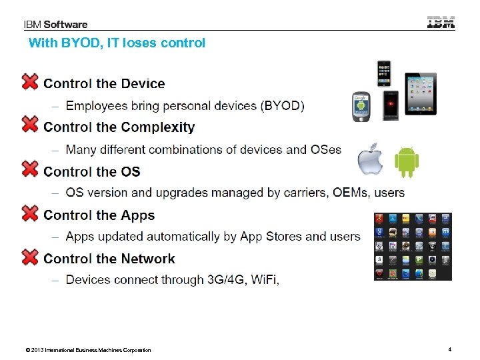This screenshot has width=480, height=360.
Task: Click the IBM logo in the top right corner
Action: [441, 22]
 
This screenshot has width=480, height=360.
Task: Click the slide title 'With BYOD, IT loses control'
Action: [117, 43]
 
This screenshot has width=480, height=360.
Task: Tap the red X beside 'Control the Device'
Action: [30, 82]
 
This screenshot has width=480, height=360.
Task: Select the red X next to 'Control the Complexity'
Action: [30, 125]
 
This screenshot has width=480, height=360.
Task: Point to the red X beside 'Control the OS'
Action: [30, 169]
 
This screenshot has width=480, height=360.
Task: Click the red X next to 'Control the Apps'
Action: [30, 213]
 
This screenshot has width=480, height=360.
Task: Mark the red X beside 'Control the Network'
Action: [30, 257]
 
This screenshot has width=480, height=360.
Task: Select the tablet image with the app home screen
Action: [421, 94]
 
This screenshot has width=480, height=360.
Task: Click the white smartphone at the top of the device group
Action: [384, 73]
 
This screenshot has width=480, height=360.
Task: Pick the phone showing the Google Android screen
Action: [361, 106]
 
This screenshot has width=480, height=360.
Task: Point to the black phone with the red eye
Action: [391, 105]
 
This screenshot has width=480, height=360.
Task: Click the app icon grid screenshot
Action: [412, 246]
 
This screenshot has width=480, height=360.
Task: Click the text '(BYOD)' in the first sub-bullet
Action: [283, 106]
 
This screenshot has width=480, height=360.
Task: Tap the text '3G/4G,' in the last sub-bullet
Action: [226, 280]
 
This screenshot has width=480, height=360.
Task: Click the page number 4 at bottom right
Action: [450, 349]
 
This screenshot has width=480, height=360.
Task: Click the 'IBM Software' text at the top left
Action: [56, 25]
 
